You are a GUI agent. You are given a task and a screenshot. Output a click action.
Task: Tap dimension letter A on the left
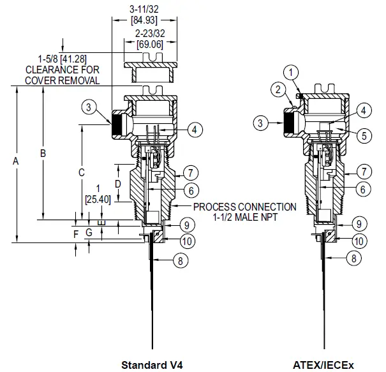pos(16,163)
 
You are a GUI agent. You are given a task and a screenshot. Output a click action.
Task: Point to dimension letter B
pos(43,153)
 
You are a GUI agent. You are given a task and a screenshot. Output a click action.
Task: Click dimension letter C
pos(81,172)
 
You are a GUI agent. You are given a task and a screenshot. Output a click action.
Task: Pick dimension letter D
pos(117,183)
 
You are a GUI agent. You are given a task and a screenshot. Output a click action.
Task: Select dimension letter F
pos(76,234)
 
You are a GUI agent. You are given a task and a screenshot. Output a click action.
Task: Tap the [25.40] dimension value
pos(98,199)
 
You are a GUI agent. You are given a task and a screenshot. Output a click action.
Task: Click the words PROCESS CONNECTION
pos(244,207)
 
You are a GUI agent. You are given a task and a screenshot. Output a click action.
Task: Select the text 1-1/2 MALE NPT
pos(244,218)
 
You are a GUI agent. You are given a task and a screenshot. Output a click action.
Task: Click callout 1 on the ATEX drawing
pos(292,71)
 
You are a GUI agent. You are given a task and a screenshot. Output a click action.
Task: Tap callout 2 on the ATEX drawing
pos(278,89)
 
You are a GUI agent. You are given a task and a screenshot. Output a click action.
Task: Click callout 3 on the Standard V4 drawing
pos(91,107)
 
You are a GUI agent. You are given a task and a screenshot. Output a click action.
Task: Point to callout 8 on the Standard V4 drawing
pos(181,260)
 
